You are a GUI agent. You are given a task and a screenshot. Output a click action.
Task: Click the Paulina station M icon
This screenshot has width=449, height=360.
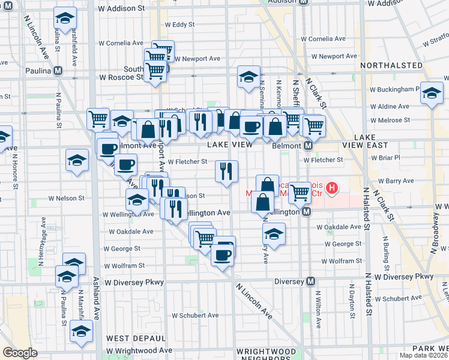[58, 70]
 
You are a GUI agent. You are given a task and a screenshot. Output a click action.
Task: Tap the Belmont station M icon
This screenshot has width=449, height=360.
[308, 145]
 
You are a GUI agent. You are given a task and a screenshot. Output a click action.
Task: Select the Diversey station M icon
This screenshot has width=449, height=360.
[311, 281]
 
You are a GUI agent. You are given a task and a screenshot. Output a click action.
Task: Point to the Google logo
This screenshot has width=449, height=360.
[20, 353]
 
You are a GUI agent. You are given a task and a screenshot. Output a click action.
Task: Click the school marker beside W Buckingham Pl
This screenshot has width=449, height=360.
[432, 92]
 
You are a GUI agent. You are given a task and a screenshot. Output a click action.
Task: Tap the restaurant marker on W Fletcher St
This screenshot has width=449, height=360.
[227, 171]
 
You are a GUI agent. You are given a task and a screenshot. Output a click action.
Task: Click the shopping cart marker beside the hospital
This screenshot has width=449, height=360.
[300, 193]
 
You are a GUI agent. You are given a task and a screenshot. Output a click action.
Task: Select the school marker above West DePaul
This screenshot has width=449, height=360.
[82, 331]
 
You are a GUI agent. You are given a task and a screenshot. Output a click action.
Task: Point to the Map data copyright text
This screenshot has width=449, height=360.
[424, 355]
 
